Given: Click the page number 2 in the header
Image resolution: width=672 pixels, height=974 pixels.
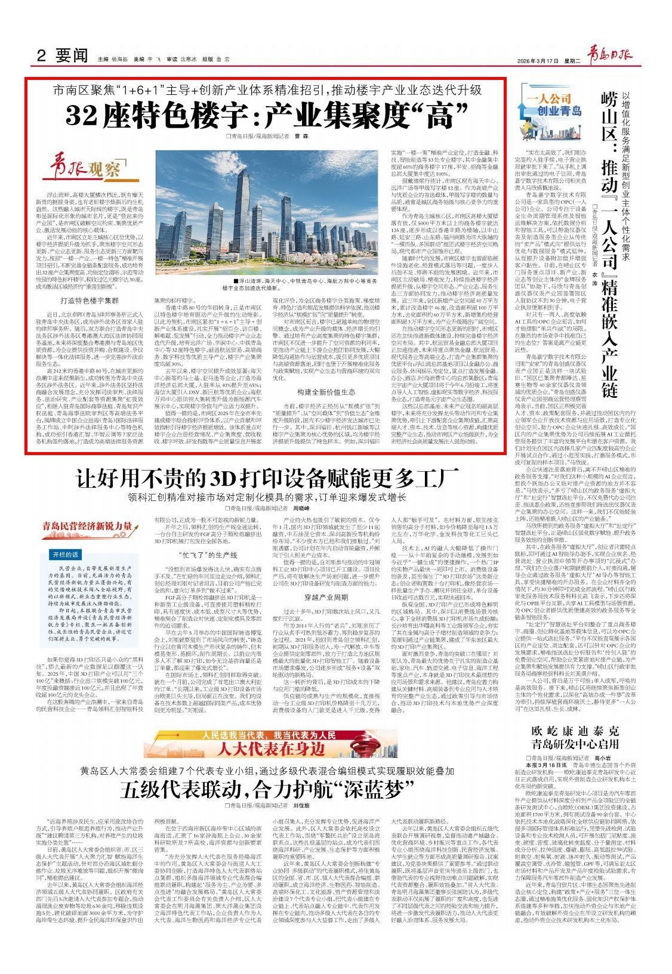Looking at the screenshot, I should coord(41,57).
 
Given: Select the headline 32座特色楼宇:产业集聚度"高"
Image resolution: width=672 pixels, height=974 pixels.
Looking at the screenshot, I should coord(266,115).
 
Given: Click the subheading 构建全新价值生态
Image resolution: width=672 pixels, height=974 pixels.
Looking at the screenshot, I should coord(326,392).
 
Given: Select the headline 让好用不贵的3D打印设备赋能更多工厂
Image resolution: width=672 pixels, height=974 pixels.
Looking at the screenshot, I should coord(267,478).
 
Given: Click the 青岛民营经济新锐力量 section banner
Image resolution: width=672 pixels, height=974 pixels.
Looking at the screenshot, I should coord(88,526).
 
